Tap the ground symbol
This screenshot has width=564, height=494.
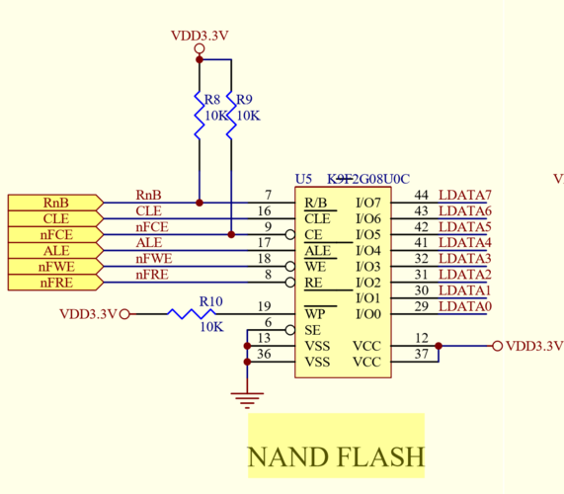click(247, 399)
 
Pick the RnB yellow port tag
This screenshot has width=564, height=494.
click(55, 203)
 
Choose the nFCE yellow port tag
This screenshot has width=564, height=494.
click(55, 235)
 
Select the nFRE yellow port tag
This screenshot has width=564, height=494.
click(55, 283)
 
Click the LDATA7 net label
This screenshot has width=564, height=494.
click(464, 196)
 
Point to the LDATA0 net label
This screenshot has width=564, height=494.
click(464, 306)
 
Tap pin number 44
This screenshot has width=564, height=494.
click(421, 196)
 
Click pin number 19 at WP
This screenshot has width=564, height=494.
click(264, 306)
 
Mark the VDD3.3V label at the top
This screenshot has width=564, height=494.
click(200, 36)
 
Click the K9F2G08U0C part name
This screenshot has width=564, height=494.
click(367, 179)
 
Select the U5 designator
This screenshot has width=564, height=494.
click(303, 179)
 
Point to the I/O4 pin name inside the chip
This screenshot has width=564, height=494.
click(367, 251)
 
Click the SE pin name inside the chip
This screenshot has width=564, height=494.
click(312, 330)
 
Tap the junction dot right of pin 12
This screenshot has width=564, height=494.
click(438, 346)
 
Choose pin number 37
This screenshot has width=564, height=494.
click(421, 354)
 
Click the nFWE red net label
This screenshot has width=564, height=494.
click(153, 259)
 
